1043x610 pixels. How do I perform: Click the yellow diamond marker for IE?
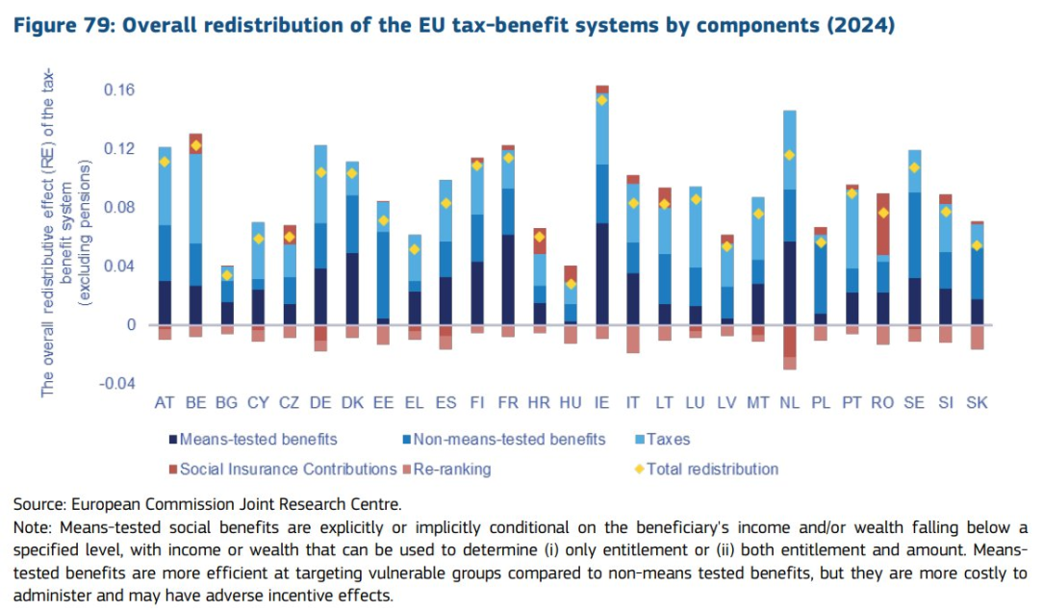(x=601, y=100)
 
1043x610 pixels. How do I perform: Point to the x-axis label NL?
(x=789, y=402)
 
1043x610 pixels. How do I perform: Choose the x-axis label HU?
(x=571, y=402)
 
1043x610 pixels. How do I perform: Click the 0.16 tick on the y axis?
(x=119, y=90)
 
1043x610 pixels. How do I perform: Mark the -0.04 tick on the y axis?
(x=116, y=384)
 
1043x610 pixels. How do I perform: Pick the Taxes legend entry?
(x=668, y=440)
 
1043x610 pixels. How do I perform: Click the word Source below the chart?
(x=35, y=503)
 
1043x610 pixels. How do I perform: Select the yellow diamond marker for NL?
(x=789, y=155)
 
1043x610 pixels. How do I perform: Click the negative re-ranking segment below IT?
(x=633, y=339)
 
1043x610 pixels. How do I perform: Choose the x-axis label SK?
(x=977, y=402)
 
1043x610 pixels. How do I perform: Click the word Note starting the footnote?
(x=31, y=527)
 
